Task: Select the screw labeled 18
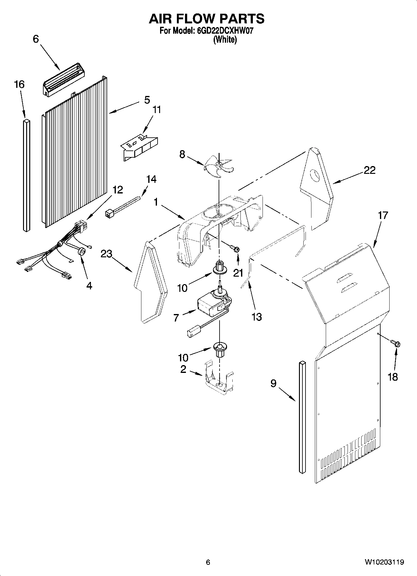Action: [396, 344]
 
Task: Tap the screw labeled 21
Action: [235, 248]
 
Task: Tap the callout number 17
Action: [383, 215]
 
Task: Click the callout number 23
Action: [106, 254]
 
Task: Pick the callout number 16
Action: [19, 84]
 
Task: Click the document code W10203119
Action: [384, 562]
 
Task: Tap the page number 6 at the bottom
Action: [208, 562]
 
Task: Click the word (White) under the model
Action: [225, 40]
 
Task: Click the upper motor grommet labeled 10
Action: [220, 269]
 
